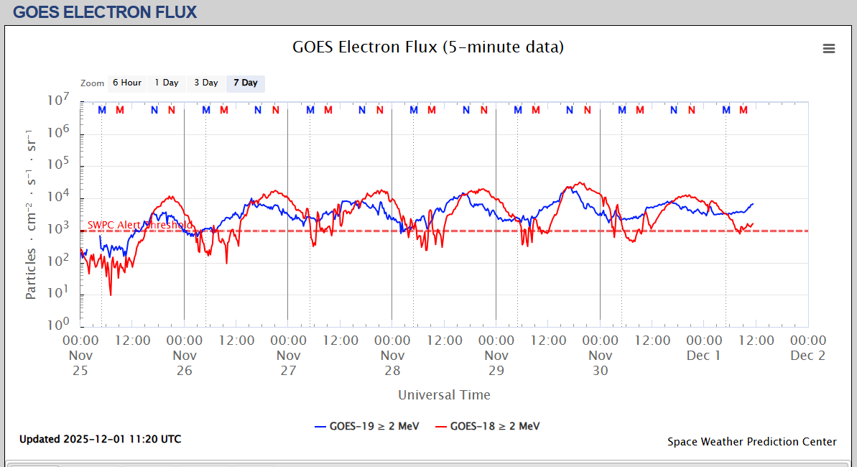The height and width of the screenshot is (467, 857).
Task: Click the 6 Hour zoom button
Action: pyautogui.click(x=126, y=83)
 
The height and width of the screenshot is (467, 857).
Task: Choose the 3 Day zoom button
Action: pyautogui.click(x=206, y=83)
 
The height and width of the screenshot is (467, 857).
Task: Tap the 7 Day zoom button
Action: pyautogui.click(x=246, y=83)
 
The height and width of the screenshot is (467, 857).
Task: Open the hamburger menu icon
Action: pyautogui.click(x=829, y=48)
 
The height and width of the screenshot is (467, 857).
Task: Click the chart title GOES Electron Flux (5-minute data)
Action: pyautogui.click(x=428, y=47)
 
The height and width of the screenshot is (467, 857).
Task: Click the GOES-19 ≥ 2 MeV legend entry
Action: pyautogui.click(x=368, y=426)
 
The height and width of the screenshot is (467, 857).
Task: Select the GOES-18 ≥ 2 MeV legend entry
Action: pyautogui.click(x=488, y=426)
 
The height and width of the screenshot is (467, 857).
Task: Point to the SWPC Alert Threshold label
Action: pyautogui.click(x=139, y=225)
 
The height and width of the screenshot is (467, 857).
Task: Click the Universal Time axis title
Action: pyautogui.click(x=444, y=394)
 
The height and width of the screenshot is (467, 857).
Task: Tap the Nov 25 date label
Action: pyautogui.click(x=80, y=363)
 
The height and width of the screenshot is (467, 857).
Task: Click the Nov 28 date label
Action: pyautogui.click(x=392, y=363)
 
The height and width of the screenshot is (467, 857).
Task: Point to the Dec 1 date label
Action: pyautogui.click(x=703, y=355)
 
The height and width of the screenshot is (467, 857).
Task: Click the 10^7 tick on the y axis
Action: pyautogui.click(x=59, y=101)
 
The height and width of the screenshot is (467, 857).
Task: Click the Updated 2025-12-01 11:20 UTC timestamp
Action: pyautogui.click(x=100, y=439)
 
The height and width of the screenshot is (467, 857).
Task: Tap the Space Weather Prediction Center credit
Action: pyautogui.click(x=751, y=442)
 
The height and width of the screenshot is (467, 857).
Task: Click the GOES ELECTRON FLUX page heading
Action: pyautogui.click(x=105, y=11)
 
